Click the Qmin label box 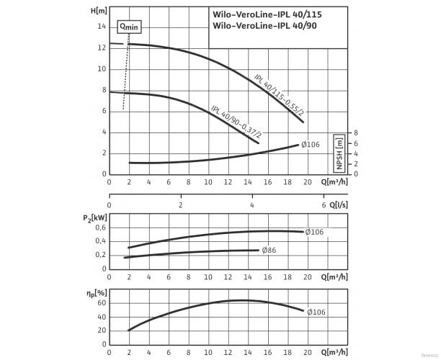[x=130, y=26]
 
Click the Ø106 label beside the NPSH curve [x=311, y=145]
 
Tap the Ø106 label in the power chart [x=314, y=232]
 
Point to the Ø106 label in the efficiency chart [x=316, y=312]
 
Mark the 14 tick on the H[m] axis [x=102, y=27]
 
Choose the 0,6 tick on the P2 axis [x=101, y=228]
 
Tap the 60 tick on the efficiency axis [x=102, y=303]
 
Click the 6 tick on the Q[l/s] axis [x=324, y=204]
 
